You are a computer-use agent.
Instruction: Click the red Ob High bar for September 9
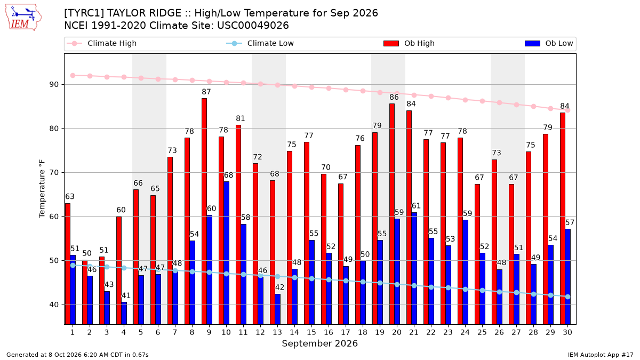click(x=204, y=211)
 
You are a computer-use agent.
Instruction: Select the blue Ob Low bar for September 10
click(x=226, y=253)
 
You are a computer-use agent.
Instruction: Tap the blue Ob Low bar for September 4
click(x=124, y=313)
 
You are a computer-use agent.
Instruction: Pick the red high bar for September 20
click(x=392, y=214)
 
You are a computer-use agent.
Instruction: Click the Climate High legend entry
click(x=101, y=43)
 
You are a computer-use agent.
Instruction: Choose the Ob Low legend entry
click(x=549, y=43)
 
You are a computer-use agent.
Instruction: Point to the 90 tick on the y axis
click(x=54, y=85)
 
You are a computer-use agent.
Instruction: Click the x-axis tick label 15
click(x=311, y=332)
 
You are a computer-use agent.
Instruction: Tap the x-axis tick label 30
click(x=567, y=332)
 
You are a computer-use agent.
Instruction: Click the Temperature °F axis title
click(x=42, y=189)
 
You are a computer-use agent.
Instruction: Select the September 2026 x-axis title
click(x=319, y=343)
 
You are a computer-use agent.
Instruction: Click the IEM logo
click(x=23, y=18)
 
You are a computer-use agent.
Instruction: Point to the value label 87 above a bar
click(x=206, y=92)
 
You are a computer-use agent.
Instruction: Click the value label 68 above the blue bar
click(x=228, y=175)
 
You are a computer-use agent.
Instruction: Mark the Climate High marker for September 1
click(x=73, y=75)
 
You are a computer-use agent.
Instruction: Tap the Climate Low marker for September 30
click(x=567, y=297)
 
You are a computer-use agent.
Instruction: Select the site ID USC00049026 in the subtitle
click(x=253, y=26)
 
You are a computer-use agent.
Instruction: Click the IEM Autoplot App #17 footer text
click(x=601, y=355)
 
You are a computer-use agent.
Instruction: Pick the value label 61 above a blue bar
click(x=416, y=206)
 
